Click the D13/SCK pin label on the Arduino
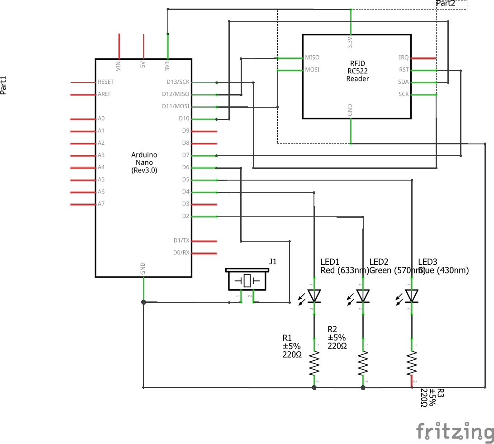coord(178,82)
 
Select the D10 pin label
coord(184,119)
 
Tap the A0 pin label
coord(101,119)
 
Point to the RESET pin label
coord(105,82)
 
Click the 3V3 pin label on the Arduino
coord(167,66)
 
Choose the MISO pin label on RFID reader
coord(312,57)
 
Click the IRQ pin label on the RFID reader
coord(404,57)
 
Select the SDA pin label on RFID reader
coord(403,82)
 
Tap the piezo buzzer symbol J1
coord(247,280)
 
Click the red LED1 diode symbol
coord(314,296)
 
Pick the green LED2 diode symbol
coord(363,296)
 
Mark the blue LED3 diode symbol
coord(412,296)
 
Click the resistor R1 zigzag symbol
coord(314,364)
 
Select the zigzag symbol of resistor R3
coord(412,364)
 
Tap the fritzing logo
coord(454,431)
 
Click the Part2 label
coord(445,4)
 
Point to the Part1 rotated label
coord(4,85)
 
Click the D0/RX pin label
coord(181,253)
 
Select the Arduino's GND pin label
coord(143,269)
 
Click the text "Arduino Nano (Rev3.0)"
coord(144,162)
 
